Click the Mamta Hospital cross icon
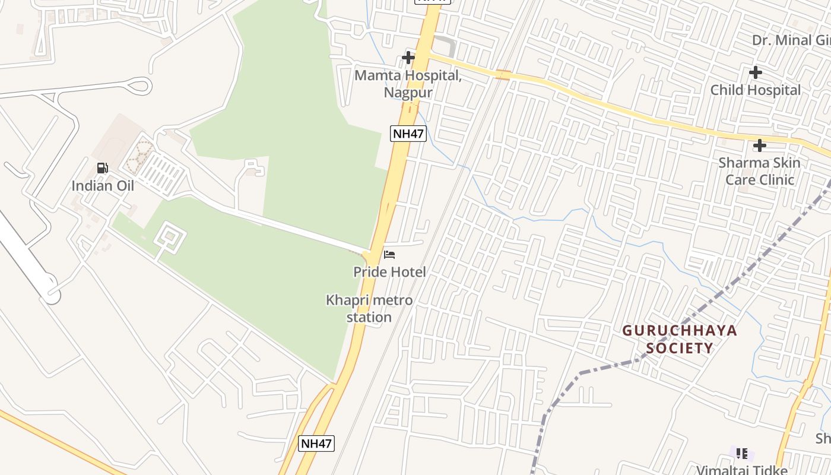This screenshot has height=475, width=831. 408,58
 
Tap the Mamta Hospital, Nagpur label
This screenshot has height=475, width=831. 408,84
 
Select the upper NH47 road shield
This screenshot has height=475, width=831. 408,134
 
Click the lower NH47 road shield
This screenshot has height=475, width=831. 316,444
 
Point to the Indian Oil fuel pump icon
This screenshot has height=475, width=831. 103,168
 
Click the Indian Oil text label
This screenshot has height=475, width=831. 103,186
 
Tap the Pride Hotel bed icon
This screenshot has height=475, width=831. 389,255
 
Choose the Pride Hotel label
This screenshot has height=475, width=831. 389,273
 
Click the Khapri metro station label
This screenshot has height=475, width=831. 369,309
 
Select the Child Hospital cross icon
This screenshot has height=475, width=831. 755,72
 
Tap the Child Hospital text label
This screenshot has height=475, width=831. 755,90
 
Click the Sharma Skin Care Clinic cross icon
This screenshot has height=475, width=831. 759,145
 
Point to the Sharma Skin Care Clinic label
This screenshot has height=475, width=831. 759,171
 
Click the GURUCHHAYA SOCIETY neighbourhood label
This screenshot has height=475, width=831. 680,339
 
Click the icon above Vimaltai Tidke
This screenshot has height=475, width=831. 741,454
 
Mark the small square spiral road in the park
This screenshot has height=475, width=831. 170,237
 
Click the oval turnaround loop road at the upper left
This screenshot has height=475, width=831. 141,86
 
